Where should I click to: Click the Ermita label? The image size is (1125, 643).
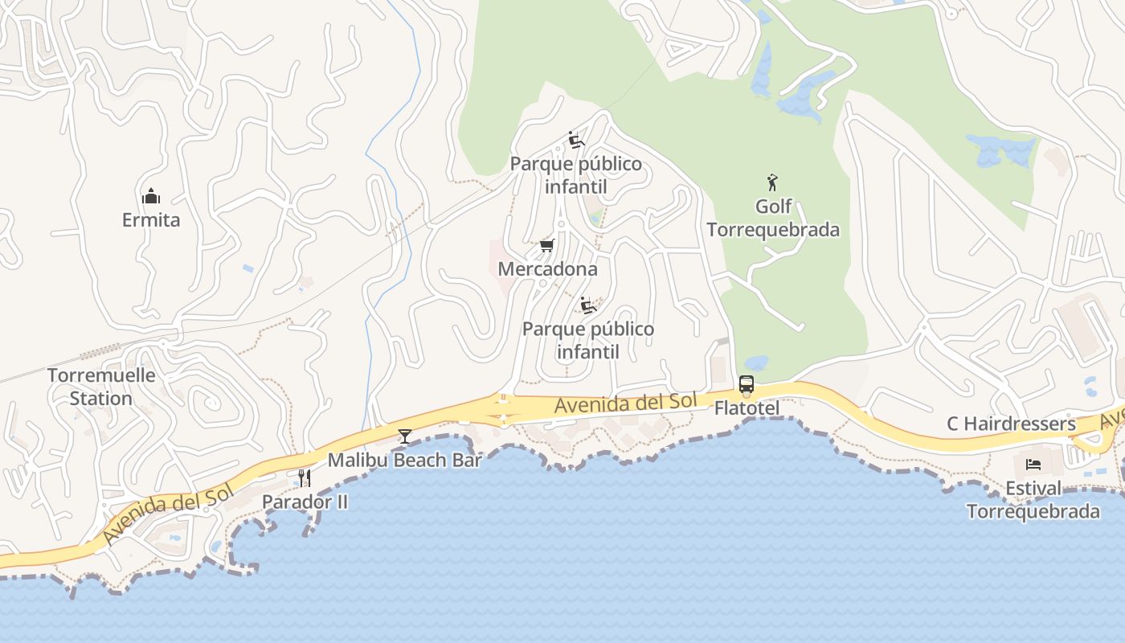click(151, 219)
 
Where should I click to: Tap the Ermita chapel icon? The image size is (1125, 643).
click(151, 196)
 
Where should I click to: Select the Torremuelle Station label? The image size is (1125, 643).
click(101, 387)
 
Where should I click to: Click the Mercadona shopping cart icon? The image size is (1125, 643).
click(547, 245)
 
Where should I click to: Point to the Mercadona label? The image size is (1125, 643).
click(547, 268)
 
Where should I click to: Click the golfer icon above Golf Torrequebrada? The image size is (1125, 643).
click(773, 182)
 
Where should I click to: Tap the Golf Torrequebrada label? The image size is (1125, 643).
click(773, 218)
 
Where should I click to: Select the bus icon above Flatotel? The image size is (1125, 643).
click(747, 384)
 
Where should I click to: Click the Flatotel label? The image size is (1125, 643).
click(747, 408)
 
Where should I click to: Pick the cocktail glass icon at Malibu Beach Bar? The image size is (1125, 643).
click(405, 436)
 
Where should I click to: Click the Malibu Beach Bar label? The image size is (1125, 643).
click(405, 460)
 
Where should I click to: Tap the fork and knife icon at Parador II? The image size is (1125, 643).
click(304, 478)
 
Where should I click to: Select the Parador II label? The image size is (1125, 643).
click(305, 502)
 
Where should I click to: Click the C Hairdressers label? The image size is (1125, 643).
click(1011, 424)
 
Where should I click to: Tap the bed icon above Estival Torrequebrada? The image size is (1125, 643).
click(1033, 465)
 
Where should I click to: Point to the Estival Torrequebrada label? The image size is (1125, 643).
click(1033, 499)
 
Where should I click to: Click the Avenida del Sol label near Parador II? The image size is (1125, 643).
click(167, 511)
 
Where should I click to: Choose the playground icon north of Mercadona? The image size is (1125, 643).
click(575, 140)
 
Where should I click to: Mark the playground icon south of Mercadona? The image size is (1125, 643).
click(589, 305)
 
